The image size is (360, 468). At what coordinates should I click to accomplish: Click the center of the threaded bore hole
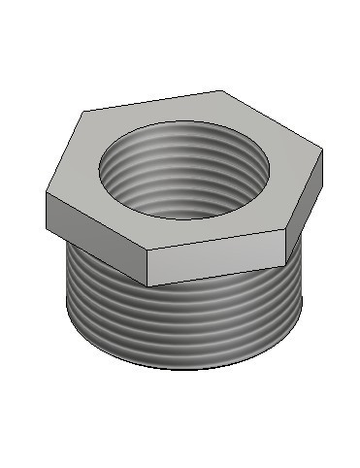click(x=183, y=170)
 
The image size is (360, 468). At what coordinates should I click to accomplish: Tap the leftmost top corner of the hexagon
click(x=45, y=194)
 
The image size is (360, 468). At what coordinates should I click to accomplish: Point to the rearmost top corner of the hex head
click(x=221, y=91)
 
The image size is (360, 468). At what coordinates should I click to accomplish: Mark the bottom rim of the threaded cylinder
click(x=184, y=366)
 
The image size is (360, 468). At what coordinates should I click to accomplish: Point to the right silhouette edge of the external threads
click(x=304, y=291)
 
